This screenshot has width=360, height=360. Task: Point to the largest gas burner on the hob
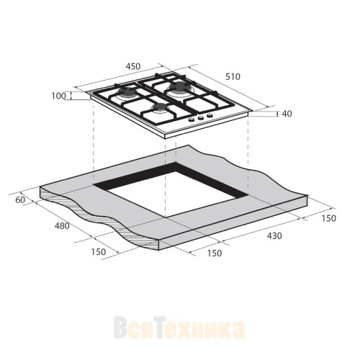click(177, 89)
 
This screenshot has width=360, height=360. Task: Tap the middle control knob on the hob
click(200, 118)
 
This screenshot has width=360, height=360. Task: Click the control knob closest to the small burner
click(190, 121)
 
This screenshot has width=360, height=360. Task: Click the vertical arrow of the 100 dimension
click(72, 95)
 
